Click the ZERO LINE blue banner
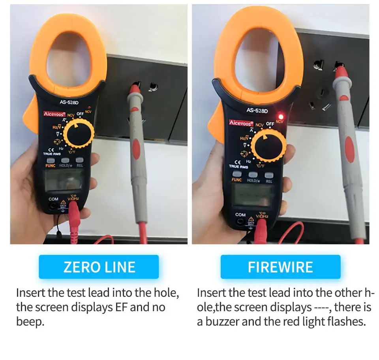pos(99,267)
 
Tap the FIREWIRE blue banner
pos(280,267)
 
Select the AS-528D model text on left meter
pos(69,102)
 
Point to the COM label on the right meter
pos(240,215)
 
